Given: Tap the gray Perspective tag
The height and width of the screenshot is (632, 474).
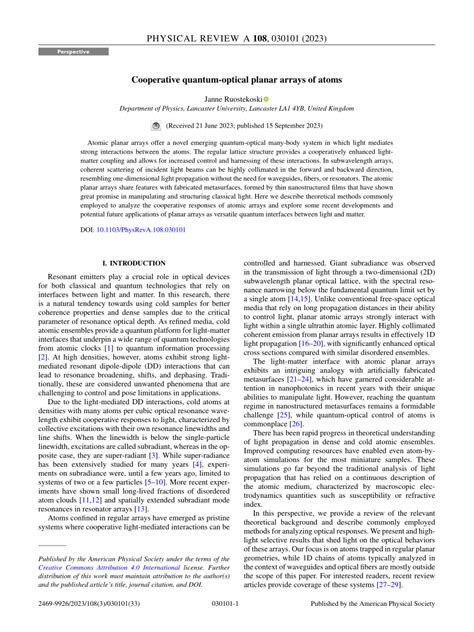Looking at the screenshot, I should [72, 50].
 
